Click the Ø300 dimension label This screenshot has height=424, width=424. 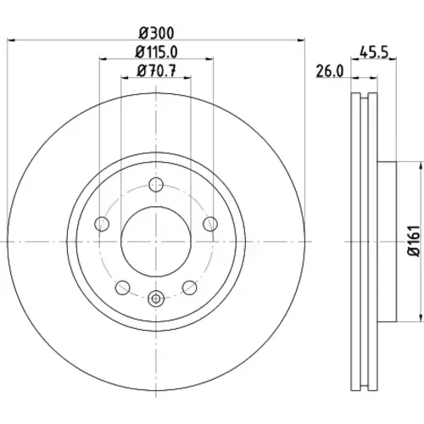point(156,33)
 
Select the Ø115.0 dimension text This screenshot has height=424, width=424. point(156,53)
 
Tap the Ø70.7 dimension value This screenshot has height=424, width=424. point(156,70)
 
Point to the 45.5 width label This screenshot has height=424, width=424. point(374,53)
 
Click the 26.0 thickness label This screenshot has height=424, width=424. point(330,71)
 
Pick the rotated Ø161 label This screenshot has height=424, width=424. point(414,241)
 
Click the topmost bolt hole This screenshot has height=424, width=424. point(156,185)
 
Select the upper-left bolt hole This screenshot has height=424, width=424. point(102,224)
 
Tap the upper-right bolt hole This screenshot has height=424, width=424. point(210,224)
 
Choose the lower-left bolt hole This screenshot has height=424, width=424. point(122,287)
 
